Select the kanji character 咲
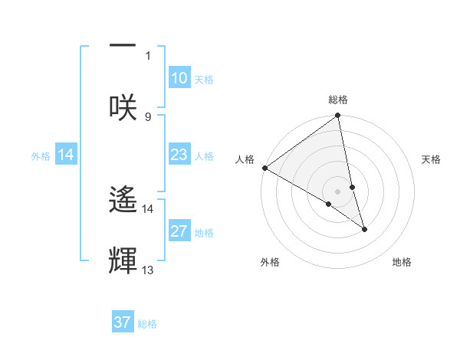(x=123, y=106)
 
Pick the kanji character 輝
(x=123, y=260)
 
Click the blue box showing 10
(x=179, y=78)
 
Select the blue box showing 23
(x=179, y=155)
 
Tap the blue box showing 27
(x=179, y=231)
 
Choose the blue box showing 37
(x=123, y=322)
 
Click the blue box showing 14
(x=66, y=155)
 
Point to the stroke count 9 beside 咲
(x=148, y=116)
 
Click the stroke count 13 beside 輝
(x=148, y=270)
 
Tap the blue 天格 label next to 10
(x=204, y=79)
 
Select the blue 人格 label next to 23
(x=204, y=155)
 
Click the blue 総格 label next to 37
(x=148, y=323)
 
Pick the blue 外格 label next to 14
(x=41, y=155)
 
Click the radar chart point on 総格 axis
(x=338, y=116)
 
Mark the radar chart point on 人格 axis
(x=264, y=168)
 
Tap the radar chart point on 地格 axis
(x=364, y=229)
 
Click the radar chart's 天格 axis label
(x=431, y=159)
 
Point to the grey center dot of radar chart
(x=338, y=191)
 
